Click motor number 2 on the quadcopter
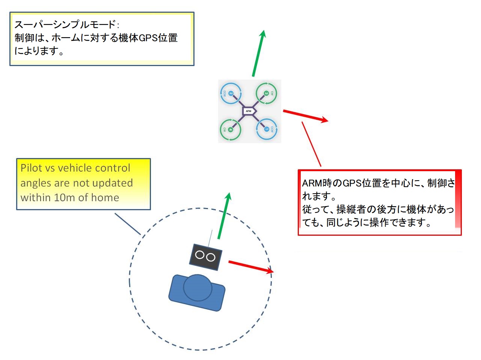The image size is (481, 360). [231, 93]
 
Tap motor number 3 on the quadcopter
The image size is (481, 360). [266, 93]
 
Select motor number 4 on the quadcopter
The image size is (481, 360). [230, 129]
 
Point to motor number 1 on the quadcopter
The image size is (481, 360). [267, 129]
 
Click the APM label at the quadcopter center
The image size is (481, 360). [248, 111]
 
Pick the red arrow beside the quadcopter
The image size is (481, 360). [305, 116]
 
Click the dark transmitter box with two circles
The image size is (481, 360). [205, 257]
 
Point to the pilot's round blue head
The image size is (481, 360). [198, 288]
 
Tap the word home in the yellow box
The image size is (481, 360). [106, 197]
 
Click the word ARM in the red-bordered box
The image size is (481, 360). [312, 183]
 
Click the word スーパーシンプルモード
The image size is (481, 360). [65, 25]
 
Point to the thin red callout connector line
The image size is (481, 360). [311, 144]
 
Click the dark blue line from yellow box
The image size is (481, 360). [128, 224]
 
